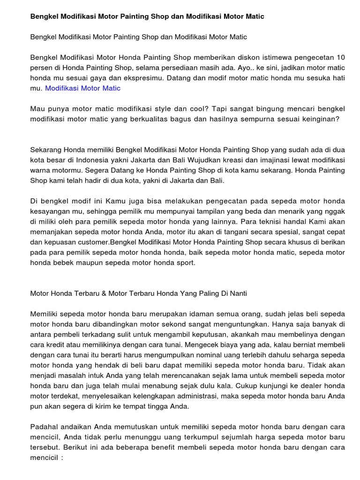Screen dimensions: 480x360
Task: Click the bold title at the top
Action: (147, 16)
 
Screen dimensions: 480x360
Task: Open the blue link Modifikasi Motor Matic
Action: (82, 88)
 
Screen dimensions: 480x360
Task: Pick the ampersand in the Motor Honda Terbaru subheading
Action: (104, 293)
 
